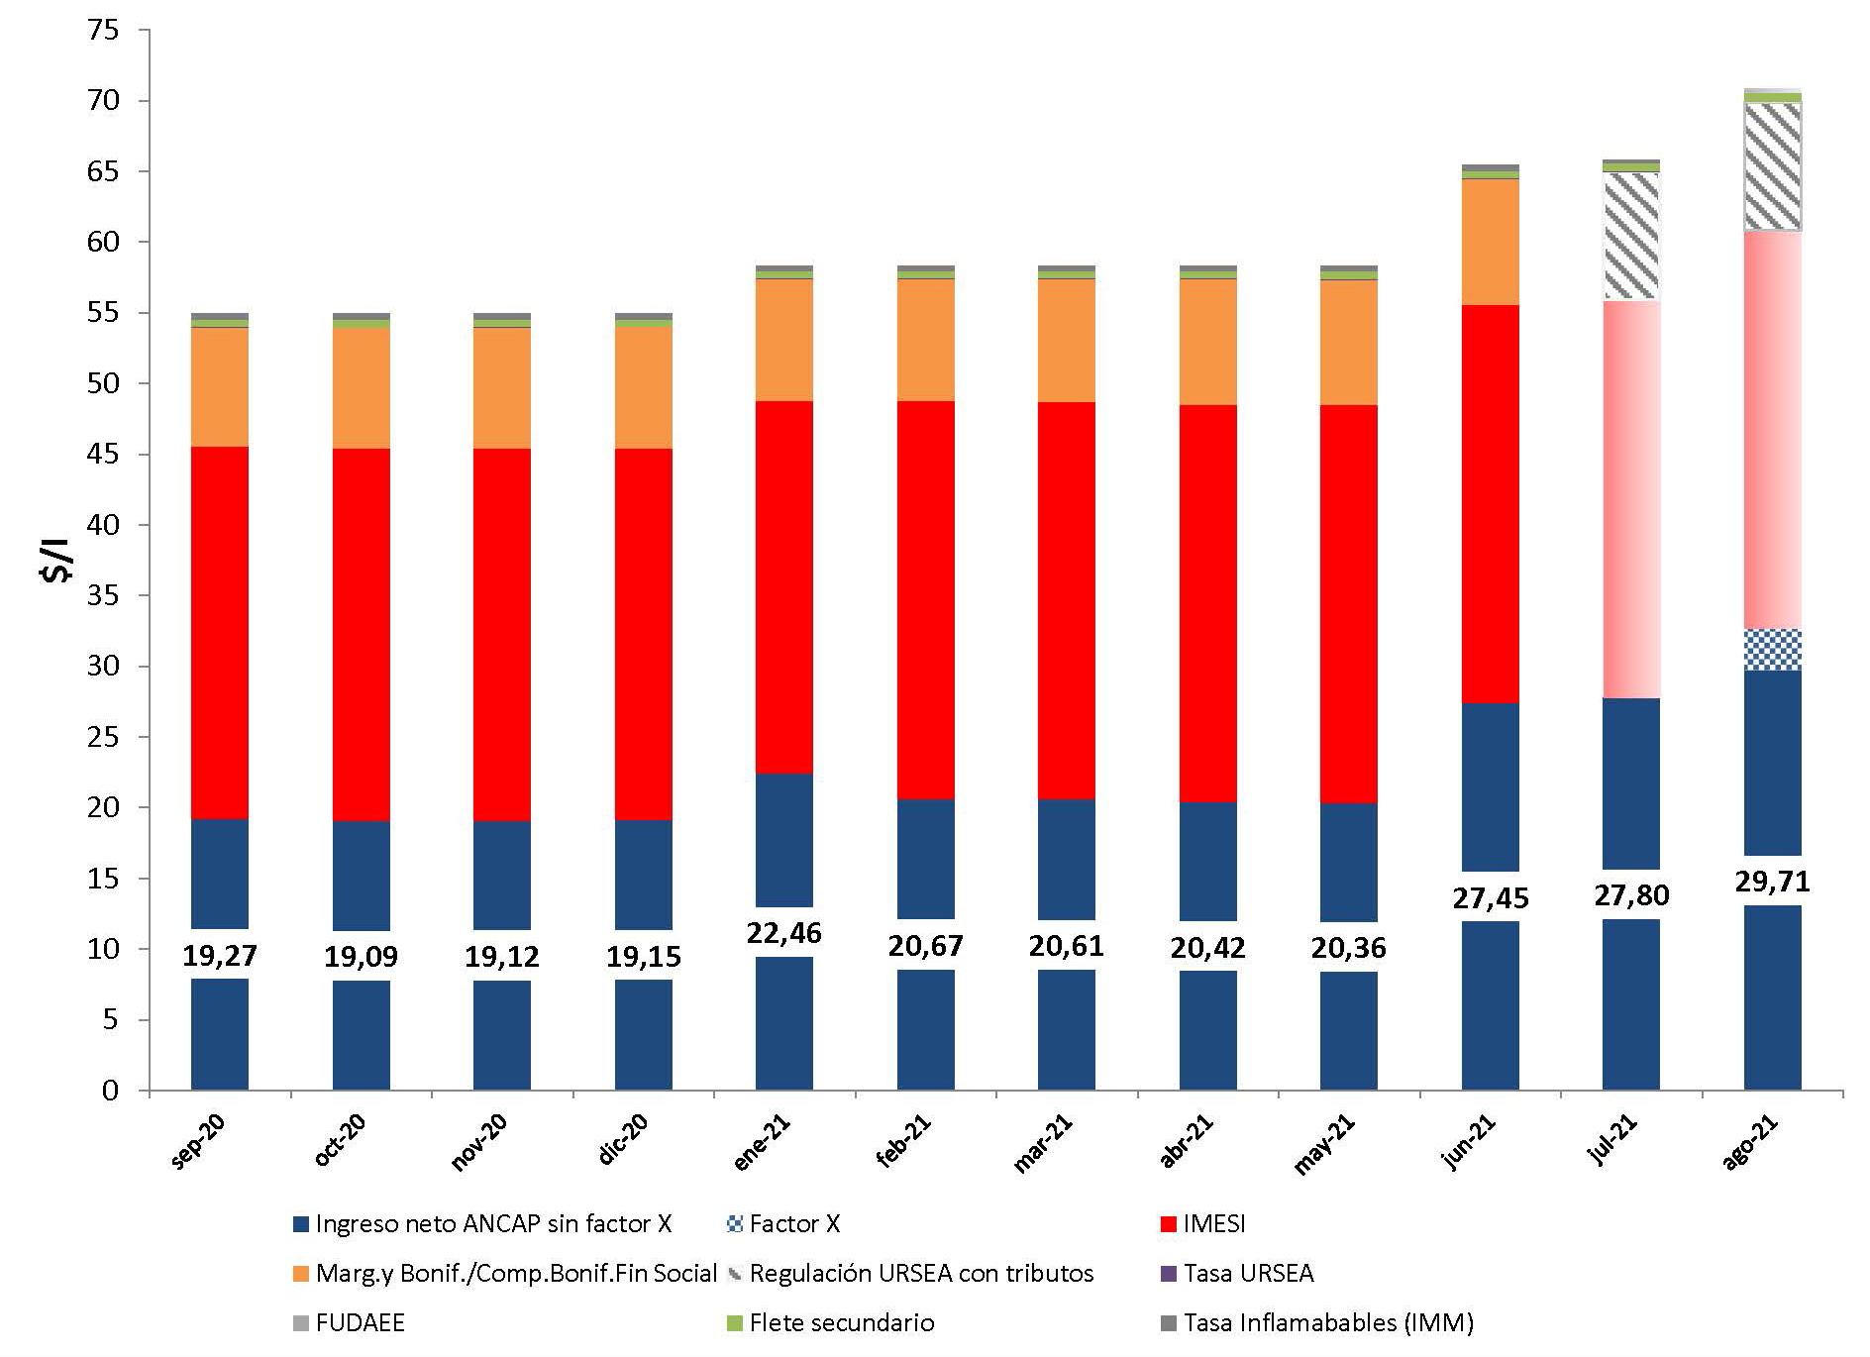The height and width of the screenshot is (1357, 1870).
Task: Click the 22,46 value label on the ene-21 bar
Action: click(x=783, y=933)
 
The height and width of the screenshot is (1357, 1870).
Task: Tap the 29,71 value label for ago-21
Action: click(x=1772, y=881)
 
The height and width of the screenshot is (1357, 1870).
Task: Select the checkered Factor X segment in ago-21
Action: click(x=1772, y=650)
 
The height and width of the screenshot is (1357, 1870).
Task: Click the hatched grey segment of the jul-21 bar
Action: click(x=1630, y=236)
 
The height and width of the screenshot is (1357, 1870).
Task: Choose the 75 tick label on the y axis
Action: click(x=103, y=31)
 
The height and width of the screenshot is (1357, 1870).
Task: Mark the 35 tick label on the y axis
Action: click(x=103, y=596)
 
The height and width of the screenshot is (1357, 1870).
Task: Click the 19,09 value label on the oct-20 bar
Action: click(x=361, y=957)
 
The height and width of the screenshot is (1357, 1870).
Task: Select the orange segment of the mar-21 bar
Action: click(x=1067, y=341)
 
